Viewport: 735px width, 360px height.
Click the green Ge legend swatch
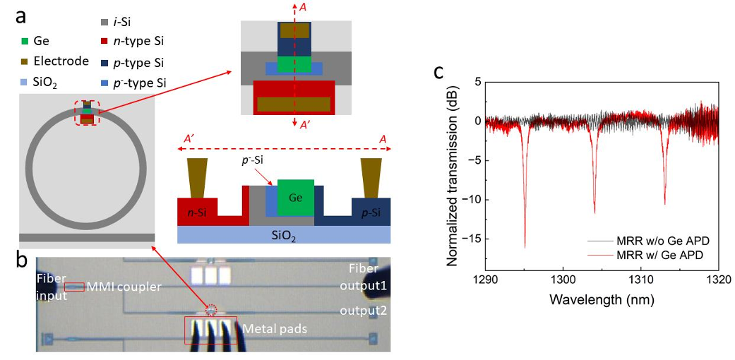26,42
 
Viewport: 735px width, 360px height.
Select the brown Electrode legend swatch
26,61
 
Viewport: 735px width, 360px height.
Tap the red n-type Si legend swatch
104,42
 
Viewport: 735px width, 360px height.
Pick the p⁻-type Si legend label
142,83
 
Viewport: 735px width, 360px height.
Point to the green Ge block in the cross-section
295,198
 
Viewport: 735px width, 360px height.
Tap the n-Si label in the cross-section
198,210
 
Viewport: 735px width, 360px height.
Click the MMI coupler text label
124,287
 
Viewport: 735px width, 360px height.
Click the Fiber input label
53,287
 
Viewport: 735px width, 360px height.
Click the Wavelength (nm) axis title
602,299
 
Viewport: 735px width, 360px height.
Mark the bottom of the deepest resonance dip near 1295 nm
525,246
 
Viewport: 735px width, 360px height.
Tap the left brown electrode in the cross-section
198,177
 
